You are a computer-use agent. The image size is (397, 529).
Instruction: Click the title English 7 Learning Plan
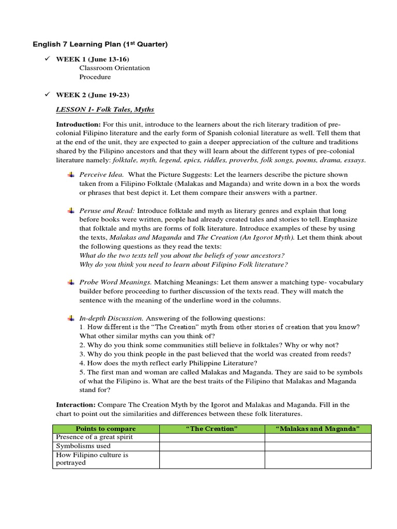point(100,45)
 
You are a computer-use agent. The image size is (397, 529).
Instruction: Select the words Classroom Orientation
point(114,68)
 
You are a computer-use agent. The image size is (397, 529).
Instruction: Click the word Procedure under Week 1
point(95,77)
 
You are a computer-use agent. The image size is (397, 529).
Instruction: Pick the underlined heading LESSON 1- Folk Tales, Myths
point(105,110)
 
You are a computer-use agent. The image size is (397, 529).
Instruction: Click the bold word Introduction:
point(78,125)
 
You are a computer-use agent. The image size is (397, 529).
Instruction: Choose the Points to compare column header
point(105,429)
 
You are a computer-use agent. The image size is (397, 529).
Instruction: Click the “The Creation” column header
point(212,429)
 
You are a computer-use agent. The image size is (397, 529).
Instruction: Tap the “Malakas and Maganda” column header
point(317,429)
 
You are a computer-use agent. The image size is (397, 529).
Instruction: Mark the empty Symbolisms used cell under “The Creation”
point(212,446)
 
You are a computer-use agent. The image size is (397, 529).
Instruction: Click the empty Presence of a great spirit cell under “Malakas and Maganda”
point(317,438)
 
